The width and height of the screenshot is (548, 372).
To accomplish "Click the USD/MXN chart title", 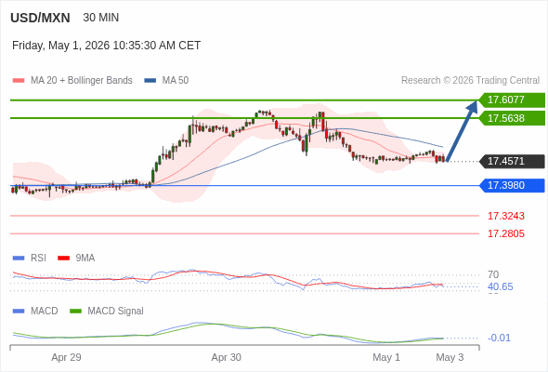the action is coord(40,18).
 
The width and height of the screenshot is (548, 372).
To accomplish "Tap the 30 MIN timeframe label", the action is coord(101,18).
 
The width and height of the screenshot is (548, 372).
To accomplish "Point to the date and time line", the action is coord(106,46).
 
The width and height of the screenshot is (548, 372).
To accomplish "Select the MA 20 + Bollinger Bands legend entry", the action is coord(72,81).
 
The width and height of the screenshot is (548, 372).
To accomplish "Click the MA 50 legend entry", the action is coord(166,81).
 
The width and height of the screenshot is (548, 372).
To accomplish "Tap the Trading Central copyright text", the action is coord(470,81).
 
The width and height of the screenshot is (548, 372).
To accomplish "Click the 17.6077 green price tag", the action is coord(512,100).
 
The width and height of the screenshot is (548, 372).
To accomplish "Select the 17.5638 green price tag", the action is coord(512,118).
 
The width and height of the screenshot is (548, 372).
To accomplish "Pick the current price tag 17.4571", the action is coord(512,161).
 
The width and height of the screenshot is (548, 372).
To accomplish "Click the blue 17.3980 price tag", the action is coord(512,185).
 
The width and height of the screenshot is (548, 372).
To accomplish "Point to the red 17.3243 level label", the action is coord(506,216).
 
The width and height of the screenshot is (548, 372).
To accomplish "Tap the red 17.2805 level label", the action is coord(506,233).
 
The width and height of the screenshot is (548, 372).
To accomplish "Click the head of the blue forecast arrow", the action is coord(476,101).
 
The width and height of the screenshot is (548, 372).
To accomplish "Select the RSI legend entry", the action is coord(30,259).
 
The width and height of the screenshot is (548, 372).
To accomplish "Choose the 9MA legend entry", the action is coord(76,259).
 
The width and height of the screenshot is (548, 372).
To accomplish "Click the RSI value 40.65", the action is coord(501,287).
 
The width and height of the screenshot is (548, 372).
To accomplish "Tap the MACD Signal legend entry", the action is coord(107,312).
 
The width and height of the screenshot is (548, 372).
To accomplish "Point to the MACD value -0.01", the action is coord(499,338).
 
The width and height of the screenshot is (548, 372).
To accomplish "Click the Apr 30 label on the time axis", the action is coord(226,358).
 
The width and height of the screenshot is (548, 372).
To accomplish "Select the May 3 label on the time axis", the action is coord(450,358).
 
